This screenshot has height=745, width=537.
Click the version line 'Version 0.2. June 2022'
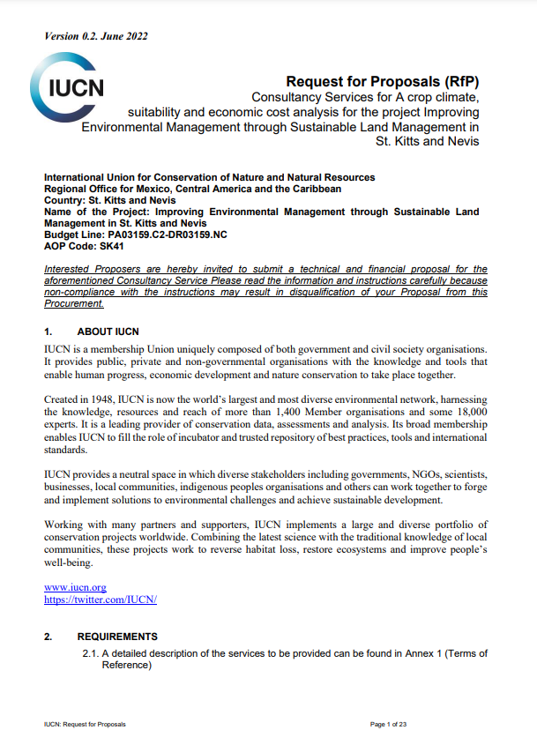coord(95,36)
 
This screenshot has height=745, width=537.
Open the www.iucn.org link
coord(75,586)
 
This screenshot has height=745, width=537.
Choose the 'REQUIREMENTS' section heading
coord(117,637)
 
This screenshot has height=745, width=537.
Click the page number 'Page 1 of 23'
coord(389,724)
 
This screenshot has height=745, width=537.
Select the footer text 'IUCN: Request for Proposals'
coord(85,724)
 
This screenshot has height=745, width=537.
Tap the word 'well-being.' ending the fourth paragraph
coord(69,562)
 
